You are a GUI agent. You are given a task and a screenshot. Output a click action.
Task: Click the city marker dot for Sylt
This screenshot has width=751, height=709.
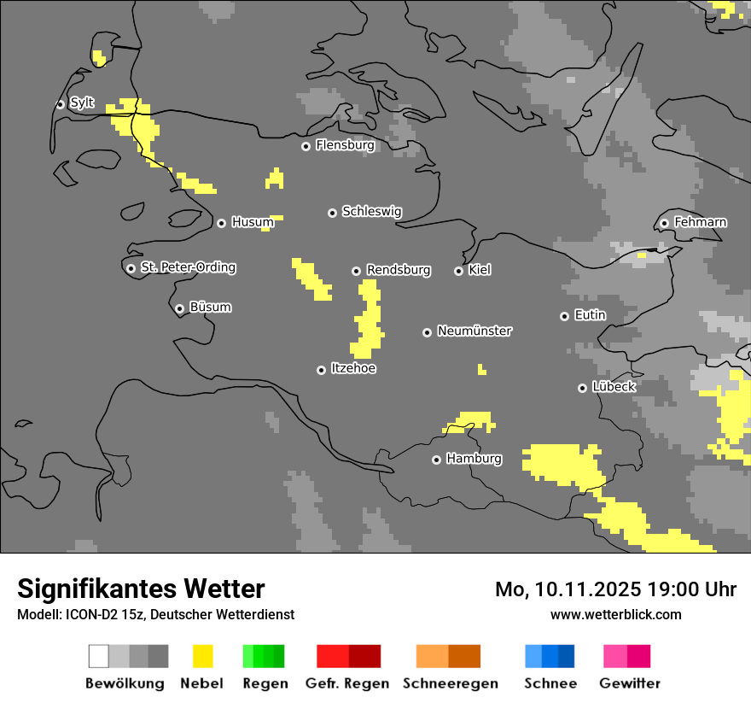pos(60,104)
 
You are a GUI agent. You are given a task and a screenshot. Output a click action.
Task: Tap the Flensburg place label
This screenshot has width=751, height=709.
pos(345,145)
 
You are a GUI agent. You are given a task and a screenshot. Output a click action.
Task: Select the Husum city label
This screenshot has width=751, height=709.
pos(253,222)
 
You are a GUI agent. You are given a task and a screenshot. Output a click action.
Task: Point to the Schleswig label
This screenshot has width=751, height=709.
pos(371,211)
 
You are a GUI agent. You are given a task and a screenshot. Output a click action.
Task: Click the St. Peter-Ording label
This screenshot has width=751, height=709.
pos(188,267)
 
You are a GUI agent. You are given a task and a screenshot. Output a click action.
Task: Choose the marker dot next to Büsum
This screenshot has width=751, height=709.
pos(179,308)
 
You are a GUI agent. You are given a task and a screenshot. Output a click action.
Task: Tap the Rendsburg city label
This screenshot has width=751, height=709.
pos(398,270)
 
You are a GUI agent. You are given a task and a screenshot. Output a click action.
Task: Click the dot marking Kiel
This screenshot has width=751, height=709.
pos(458,271)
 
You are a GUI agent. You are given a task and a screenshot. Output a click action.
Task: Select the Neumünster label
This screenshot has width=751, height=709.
pos(474,331)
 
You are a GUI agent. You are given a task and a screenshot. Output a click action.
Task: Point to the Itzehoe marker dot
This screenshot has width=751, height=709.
pos(321,370)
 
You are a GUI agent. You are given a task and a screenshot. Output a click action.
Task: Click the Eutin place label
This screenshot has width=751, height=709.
pos(590,315)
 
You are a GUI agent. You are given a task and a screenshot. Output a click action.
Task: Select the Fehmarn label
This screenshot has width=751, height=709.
pos(700,222)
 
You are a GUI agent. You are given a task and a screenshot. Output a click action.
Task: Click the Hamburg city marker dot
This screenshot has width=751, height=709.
pos(436,460)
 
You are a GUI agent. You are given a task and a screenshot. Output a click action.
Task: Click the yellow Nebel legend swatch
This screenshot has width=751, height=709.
pos(201,656)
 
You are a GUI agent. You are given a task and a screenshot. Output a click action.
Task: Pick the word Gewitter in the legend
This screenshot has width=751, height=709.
pos(629,683)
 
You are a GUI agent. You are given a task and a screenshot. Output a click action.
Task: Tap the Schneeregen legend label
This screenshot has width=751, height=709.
pos(450,683)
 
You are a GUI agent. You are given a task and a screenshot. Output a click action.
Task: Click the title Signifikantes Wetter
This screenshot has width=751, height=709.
pos(141,589)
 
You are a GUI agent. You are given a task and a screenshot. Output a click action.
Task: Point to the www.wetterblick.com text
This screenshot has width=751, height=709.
pos(615,614)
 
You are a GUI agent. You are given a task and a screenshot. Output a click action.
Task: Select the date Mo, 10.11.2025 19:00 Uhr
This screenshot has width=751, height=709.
pos(615,589)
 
